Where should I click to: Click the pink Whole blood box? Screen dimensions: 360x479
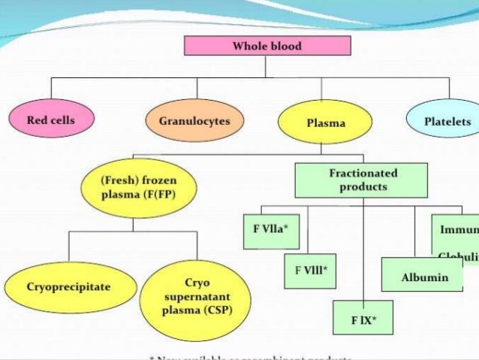click(x=267, y=46)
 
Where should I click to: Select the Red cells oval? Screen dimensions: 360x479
click(x=50, y=120)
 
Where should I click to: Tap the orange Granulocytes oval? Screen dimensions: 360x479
click(x=194, y=120)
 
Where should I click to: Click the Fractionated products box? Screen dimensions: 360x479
click(x=363, y=180)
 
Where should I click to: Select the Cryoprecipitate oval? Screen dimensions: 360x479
click(x=68, y=286)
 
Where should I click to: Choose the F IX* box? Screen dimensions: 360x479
click(x=363, y=319)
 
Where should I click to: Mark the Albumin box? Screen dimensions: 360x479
click(x=424, y=276)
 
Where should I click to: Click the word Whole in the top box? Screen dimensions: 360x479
click(x=249, y=46)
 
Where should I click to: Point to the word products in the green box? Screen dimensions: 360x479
click(x=363, y=186)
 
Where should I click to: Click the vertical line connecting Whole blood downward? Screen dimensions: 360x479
click(x=266, y=66)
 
